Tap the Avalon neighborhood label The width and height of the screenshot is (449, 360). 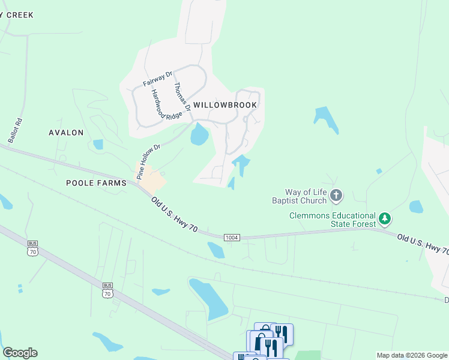tap(67, 133)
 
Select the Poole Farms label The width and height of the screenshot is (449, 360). tap(96, 183)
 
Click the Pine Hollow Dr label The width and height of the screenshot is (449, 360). tap(149, 161)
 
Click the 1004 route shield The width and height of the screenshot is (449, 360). tap(232, 238)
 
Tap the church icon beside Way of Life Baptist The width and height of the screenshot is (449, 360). tap(337, 195)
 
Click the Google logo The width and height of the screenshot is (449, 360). tap(20, 353)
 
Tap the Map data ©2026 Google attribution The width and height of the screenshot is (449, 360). tap(411, 355)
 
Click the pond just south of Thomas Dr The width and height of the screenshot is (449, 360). tap(199, 135)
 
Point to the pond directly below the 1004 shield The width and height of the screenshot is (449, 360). tap(215, 250)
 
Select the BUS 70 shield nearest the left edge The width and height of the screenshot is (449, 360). tap(32, 248)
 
